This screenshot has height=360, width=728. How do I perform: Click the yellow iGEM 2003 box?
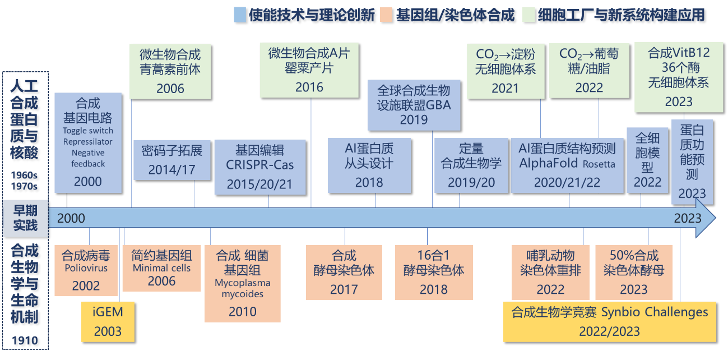point(108,322)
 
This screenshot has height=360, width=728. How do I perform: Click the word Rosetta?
point(599,165)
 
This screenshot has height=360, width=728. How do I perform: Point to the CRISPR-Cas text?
point(260,165)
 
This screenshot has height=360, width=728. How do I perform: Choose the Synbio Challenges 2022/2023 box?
point(610,321)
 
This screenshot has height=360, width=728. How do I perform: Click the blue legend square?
point(239,15)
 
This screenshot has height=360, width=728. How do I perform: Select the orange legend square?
point(386,15)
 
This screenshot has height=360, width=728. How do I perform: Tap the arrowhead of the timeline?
point(707,218)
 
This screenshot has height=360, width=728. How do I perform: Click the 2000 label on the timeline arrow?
point(71,218)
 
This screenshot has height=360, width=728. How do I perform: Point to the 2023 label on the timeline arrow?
point(688,218)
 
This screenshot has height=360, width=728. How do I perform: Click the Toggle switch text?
point(88,131)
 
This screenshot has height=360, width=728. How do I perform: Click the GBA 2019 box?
point(414,105)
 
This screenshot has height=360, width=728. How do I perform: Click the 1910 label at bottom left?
point(25,340)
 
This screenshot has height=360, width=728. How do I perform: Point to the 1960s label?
point(25,174)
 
